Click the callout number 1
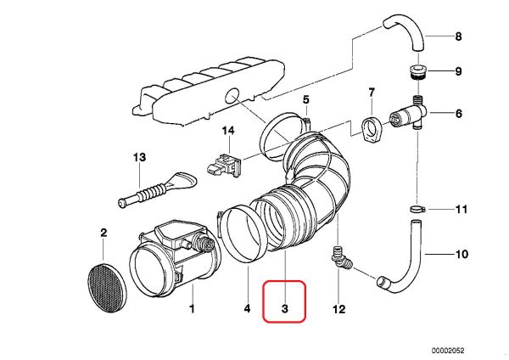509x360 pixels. pos(192,310)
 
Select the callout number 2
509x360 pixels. pos(103,233)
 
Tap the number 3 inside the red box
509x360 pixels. pos(285,311)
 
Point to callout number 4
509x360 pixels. pos(247,310)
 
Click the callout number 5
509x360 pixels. pos(305,100)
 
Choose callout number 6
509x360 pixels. pos(459,113)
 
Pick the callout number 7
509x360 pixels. pos(371,91)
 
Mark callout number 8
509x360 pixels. pos(459,37)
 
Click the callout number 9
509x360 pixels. pos(459,71)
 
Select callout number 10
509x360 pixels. pos(461,254)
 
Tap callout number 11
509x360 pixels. pos(461,209)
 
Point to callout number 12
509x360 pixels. pos(339,310)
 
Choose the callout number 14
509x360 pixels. pos(227,131)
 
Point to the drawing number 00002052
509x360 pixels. pos(473,349)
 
